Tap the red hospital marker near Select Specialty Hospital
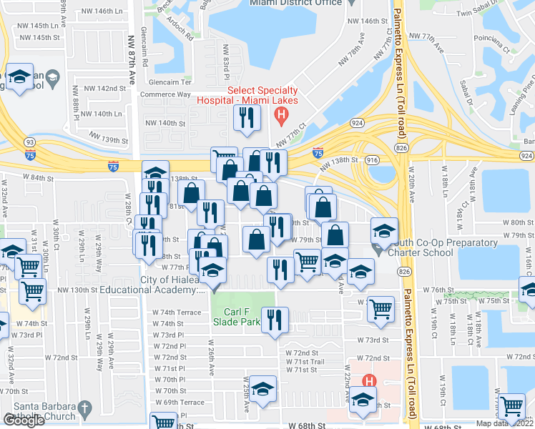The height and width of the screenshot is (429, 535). (x=283, y=114)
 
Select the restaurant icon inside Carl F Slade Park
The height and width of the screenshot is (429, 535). (x=274, y=320)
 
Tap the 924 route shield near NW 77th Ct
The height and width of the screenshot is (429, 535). (x=356, y=124)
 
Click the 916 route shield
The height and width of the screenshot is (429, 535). (x=371, y=162)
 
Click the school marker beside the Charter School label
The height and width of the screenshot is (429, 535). (x=384, y=231)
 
